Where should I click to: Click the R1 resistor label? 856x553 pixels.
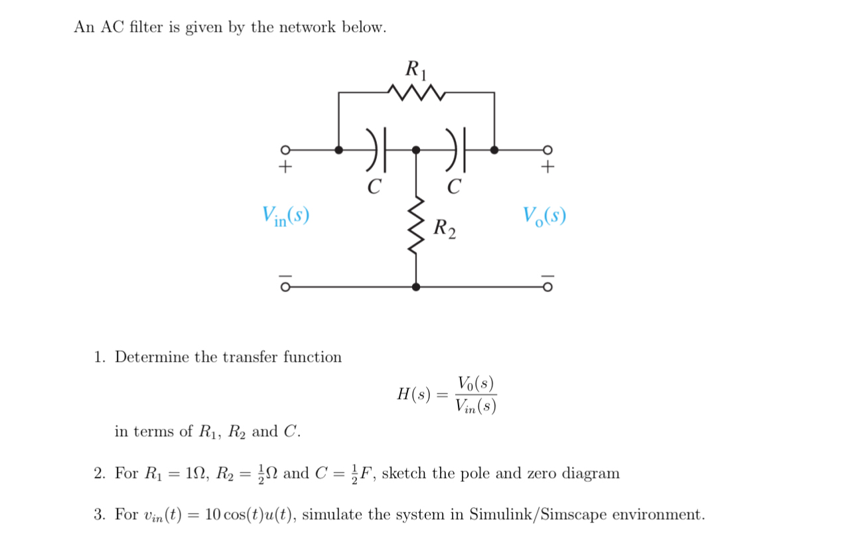(417, 68)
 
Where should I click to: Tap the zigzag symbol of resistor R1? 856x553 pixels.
(416, 93)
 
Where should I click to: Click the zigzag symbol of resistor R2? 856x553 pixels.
(416, 229)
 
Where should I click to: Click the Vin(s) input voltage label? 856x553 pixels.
(285, 215)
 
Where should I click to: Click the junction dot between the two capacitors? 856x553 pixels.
(416, 150)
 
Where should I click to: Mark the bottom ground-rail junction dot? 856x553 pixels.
(416, 287)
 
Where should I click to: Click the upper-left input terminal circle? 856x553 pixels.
(285, 150)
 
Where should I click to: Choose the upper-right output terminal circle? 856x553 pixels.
(547, 150)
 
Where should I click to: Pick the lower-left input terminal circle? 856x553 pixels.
(285, 287)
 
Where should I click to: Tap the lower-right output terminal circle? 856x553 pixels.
(547, 287)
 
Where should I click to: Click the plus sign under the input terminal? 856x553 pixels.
(285, 167)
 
